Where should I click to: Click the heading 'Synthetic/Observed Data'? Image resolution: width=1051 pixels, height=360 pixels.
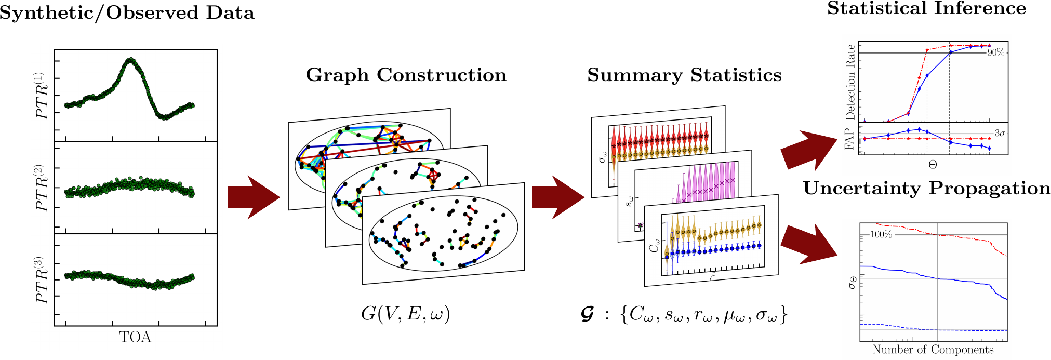pyautogui.click(x=127, y=13)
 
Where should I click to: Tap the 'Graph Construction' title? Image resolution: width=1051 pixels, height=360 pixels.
pyautogui.click(x=406, y=75)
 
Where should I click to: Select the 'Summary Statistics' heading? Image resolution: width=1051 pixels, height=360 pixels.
pyautogui.click(x=684, y=75)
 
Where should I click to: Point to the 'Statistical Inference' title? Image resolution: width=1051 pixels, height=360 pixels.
pyautogui.click(x=926, y=8)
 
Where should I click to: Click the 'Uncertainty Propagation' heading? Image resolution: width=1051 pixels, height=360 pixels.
pyautogui.click(x=926, y=188)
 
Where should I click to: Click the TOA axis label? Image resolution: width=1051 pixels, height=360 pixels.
pyautogui.click(x=135, y=337)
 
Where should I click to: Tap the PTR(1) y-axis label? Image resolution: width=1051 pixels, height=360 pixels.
pyautogui.click(x=42, y=96)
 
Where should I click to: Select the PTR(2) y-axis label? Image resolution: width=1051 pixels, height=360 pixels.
pyautogui.click(x=42, y=188)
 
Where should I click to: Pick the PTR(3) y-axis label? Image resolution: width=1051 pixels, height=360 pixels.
pyautogui.click(x=42, y=280)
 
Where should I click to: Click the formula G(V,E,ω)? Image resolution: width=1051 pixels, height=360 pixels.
pyautogui.click(x=405, y=314)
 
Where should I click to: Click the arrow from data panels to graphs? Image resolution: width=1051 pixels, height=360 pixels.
pyautogui.click(x=254, y=197)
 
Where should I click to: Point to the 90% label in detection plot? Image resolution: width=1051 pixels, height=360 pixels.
pyautogui.click(x=995, y=52)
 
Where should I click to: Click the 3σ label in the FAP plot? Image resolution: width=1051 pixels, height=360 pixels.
pyautogui.click(x=1000, y=134)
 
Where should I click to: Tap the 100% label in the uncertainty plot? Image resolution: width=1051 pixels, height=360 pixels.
pyautogui.click(x=881, y=234)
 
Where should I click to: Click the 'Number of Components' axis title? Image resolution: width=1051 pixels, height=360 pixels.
pyautogui.click(x=933, y=350)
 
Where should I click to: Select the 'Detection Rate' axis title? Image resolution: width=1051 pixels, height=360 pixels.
pyautogui.click(x=850, y=82)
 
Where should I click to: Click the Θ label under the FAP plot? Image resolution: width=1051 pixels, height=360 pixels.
pyautogui.click(x=933, y=165)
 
